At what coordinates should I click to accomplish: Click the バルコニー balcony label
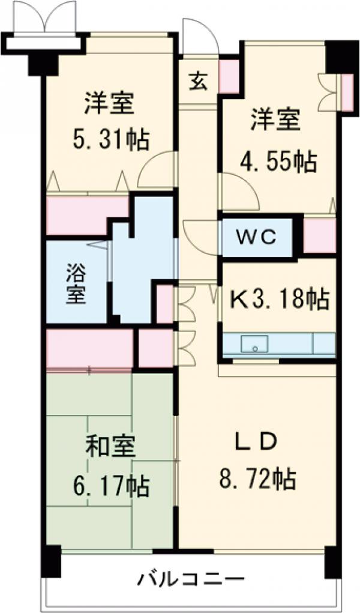point(192,579)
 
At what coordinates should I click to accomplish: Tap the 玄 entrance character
point(199,81)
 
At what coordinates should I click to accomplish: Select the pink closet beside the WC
point(320,236)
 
